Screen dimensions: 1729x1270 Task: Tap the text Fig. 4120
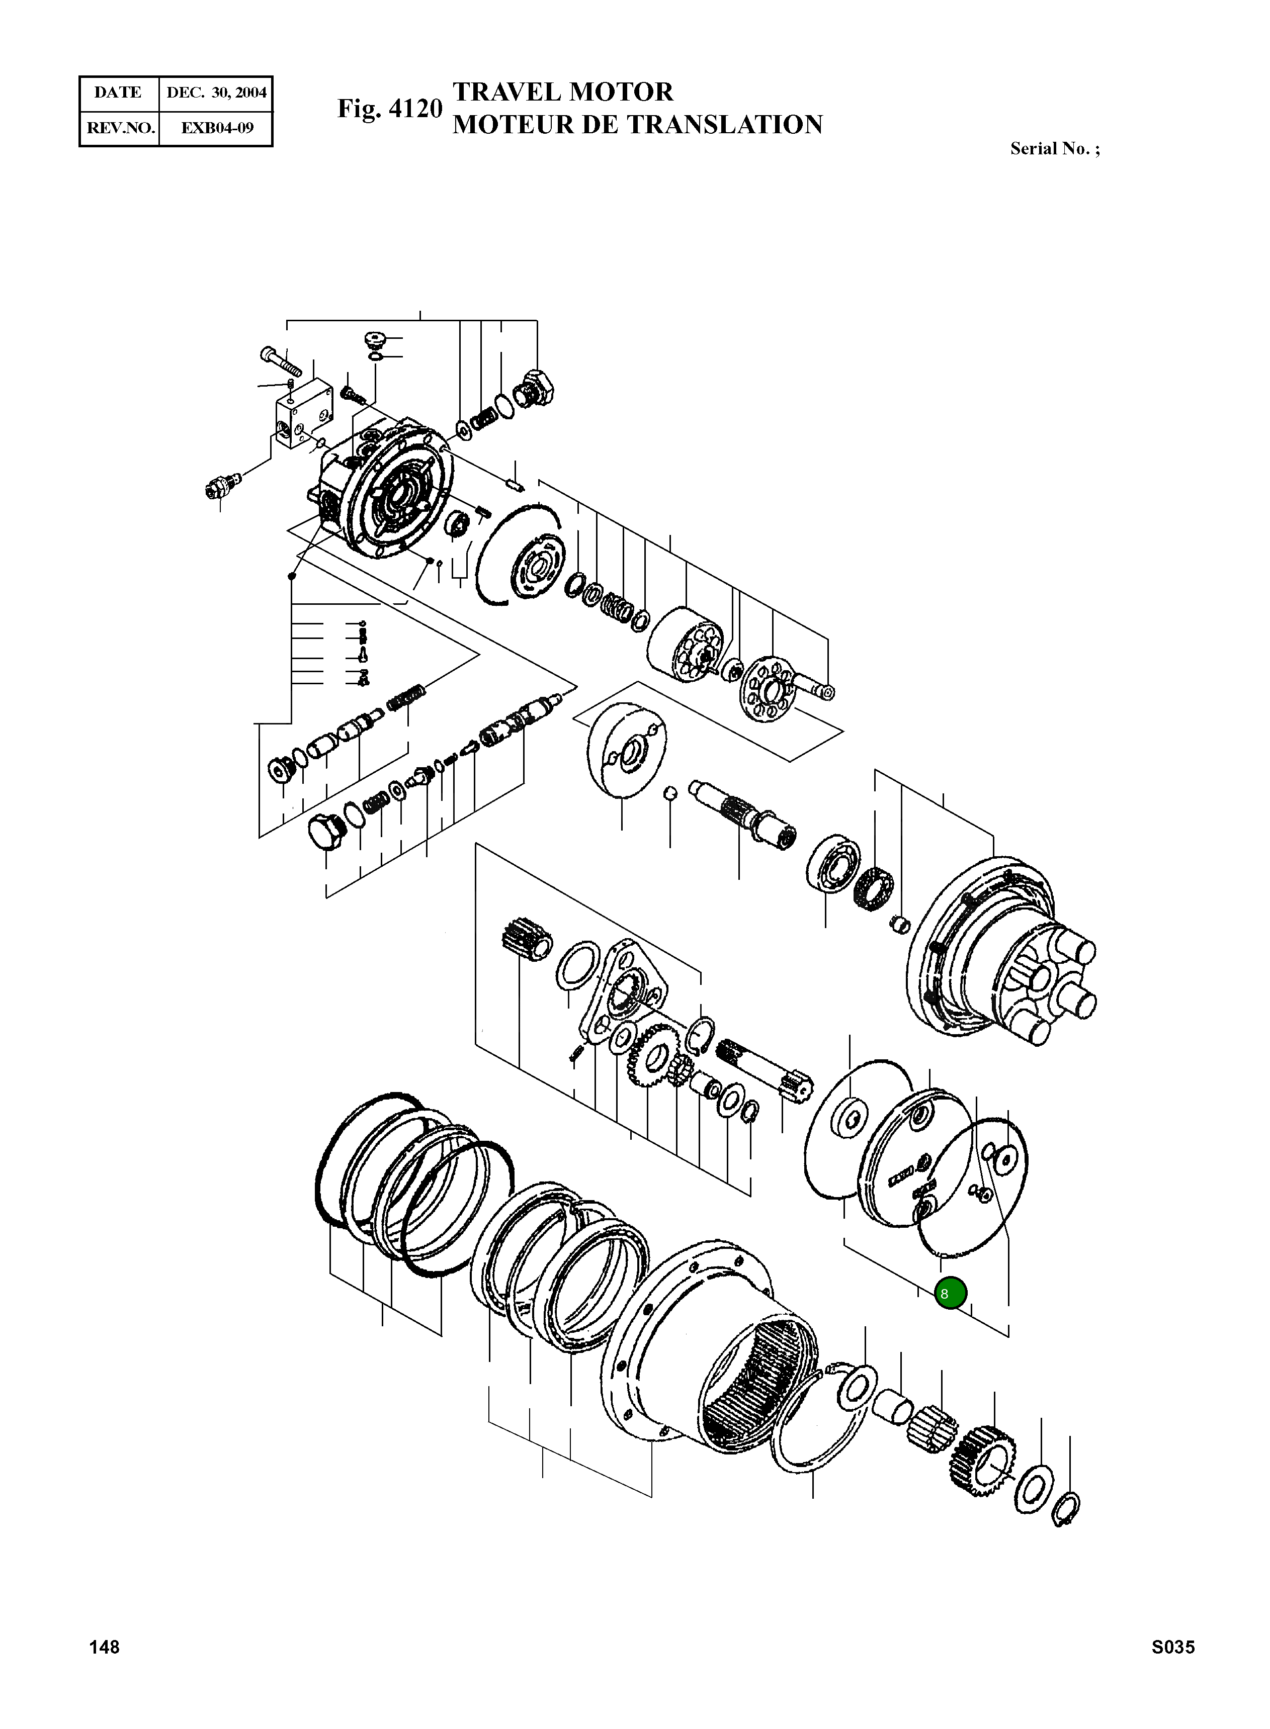tap(390, 109)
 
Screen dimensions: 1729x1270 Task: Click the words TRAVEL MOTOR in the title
tap(563, 92)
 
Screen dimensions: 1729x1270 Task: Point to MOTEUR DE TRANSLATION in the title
tap(637, 125)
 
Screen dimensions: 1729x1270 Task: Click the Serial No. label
tap(1054, 149)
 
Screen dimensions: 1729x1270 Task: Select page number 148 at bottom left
tap(105, 1647)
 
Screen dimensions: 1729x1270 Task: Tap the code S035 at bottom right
tap(1172, 1647)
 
